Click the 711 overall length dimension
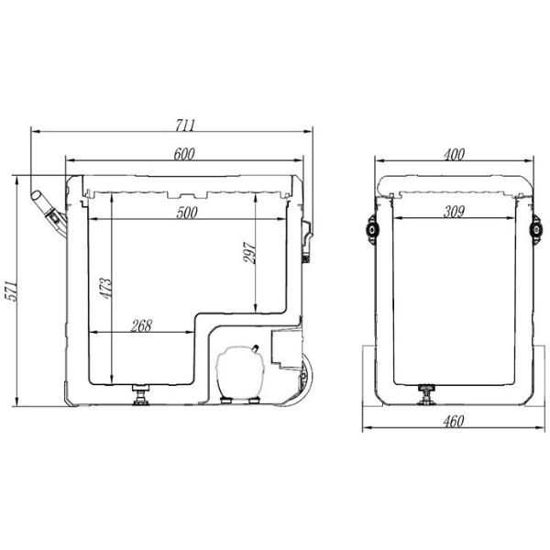pos(185,126)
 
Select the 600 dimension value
pos(184,154)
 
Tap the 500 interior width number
pos(187,213)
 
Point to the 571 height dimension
pos(10,290)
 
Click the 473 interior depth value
pos(105,289)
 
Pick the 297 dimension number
pos(249,253)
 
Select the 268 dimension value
pos(141,325)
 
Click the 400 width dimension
pos(455,154)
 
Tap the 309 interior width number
pos(455,212)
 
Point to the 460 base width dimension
pos(454,422)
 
